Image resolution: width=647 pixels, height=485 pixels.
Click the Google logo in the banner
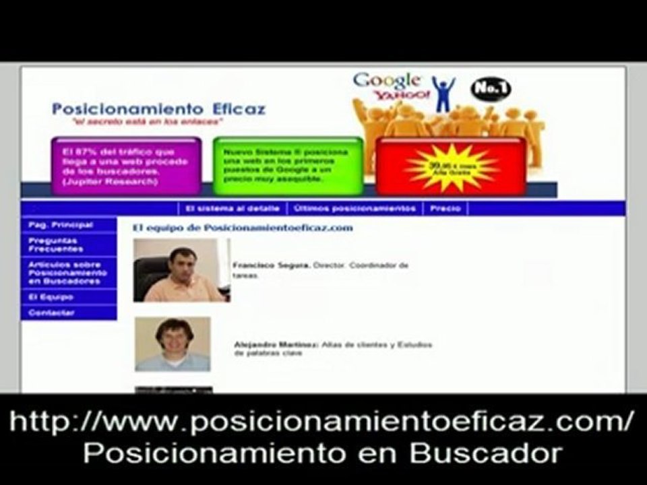pos(387,81)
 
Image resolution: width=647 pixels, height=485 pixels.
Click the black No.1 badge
pos(491,89)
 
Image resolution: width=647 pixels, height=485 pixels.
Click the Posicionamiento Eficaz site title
pos(158,108)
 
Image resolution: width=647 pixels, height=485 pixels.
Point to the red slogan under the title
pos(148,122)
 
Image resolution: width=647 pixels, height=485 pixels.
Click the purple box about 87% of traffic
pos(126,166)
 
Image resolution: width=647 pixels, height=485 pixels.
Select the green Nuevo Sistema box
pos(288,166)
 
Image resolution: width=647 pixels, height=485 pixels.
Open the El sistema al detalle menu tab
pos(233,209)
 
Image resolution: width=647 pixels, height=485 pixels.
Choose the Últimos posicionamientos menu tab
pos(355,209)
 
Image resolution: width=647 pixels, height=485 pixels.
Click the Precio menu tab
pos(445,209)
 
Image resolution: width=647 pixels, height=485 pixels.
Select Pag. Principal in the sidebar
pos(61,225)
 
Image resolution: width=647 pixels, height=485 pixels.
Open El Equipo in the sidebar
pos(51,297)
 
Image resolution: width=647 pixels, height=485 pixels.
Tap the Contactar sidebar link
pos(51,313)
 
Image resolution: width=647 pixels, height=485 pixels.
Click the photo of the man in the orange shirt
pos(181,270)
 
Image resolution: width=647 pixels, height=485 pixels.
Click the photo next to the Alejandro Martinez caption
pos(173,344)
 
